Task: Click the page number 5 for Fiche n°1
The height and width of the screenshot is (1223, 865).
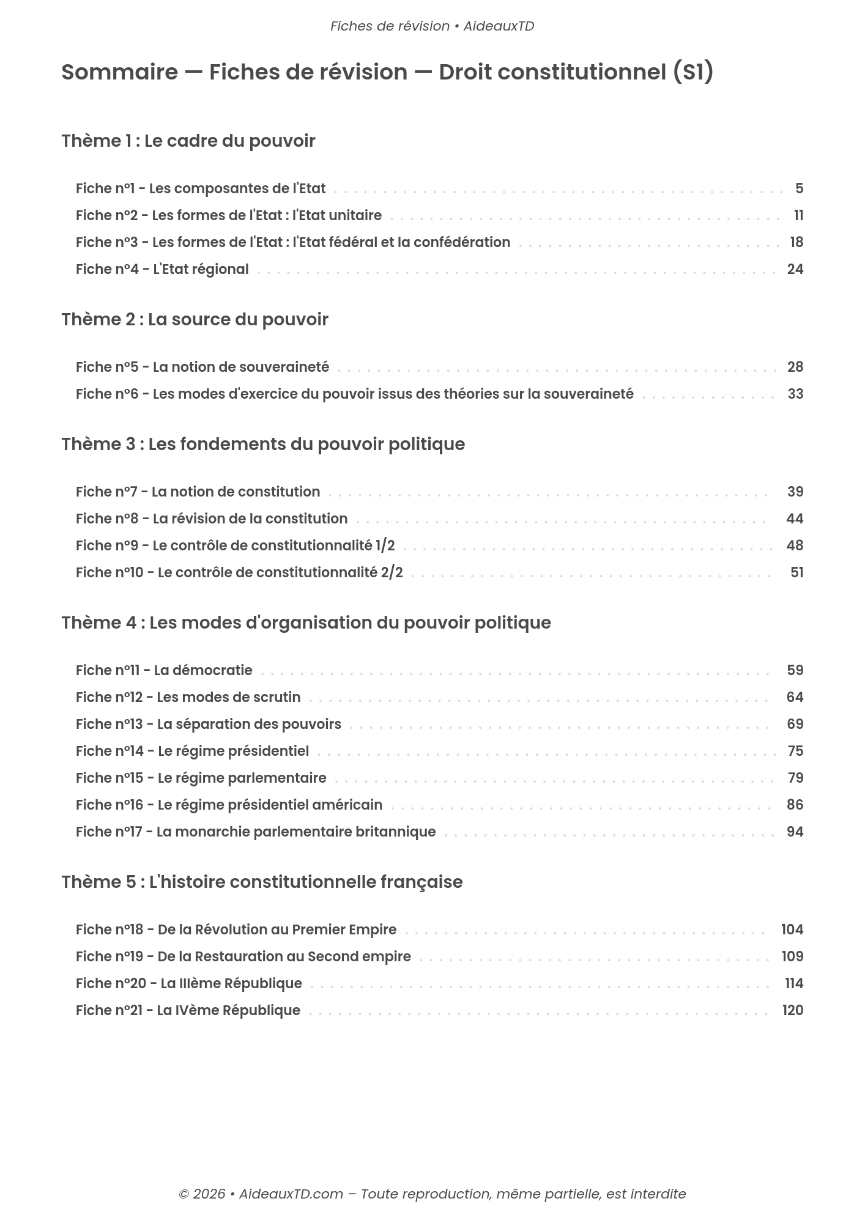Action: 799,188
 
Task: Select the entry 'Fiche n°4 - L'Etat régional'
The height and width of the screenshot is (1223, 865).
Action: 162,269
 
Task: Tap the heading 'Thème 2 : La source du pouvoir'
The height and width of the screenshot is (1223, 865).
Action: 195,319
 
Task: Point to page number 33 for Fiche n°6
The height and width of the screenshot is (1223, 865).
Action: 795,394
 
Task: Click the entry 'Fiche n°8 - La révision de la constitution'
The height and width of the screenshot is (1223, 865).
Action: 211,519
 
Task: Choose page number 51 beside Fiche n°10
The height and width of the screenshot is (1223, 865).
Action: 796,572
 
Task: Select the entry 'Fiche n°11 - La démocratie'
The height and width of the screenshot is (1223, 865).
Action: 164,670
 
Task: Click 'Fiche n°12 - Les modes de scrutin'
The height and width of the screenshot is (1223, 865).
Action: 188,697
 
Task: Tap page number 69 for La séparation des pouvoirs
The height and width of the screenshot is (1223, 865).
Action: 795,724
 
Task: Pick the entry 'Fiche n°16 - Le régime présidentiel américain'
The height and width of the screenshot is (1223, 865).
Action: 229,805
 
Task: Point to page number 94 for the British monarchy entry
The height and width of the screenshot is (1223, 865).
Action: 795,832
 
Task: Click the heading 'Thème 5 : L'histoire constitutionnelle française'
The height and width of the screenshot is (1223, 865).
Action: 262,882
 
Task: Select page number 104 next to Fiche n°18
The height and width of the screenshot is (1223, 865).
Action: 792,929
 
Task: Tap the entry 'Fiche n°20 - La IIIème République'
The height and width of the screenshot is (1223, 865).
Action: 188,983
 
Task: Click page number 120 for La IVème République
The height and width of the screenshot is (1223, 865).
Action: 792,1010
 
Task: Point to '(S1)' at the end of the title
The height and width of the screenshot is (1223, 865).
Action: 692,72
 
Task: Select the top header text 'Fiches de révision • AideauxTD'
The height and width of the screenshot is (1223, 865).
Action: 432,26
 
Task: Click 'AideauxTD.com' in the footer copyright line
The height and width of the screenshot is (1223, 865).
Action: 291,1194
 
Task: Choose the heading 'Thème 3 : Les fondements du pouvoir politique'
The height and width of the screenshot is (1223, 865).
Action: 263,444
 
